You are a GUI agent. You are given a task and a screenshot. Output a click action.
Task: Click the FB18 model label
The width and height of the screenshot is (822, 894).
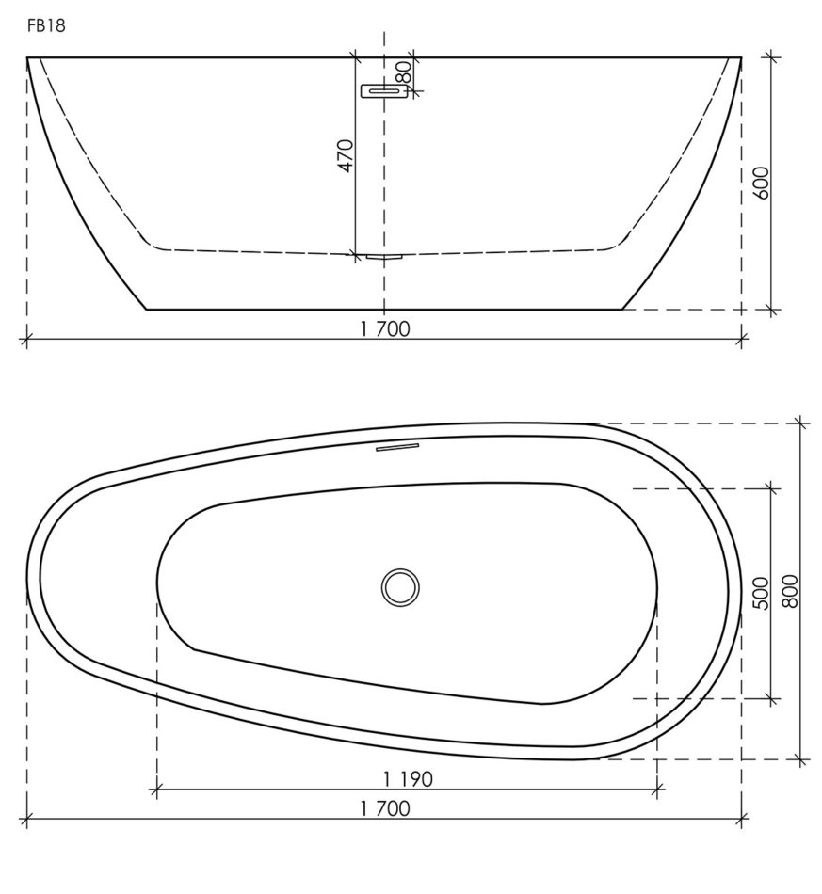[46, 26]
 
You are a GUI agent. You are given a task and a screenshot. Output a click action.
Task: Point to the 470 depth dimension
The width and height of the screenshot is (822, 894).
[346, 155]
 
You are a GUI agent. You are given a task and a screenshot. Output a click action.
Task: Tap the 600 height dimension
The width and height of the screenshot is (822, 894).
[761, 183]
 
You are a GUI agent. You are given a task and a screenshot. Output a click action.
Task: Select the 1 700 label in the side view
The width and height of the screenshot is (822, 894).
[385, 329]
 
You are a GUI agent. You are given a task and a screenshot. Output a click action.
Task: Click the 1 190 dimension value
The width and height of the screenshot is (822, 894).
[408, 779]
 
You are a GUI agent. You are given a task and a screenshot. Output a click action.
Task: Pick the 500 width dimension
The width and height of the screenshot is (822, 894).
[761, 593]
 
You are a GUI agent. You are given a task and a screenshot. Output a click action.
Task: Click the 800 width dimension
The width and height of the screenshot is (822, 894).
[790, 591]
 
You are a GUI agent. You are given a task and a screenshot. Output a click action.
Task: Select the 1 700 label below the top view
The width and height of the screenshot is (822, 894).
[385, 808]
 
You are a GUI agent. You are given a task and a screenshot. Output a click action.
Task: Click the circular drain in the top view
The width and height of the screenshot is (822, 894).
[400, 586]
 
